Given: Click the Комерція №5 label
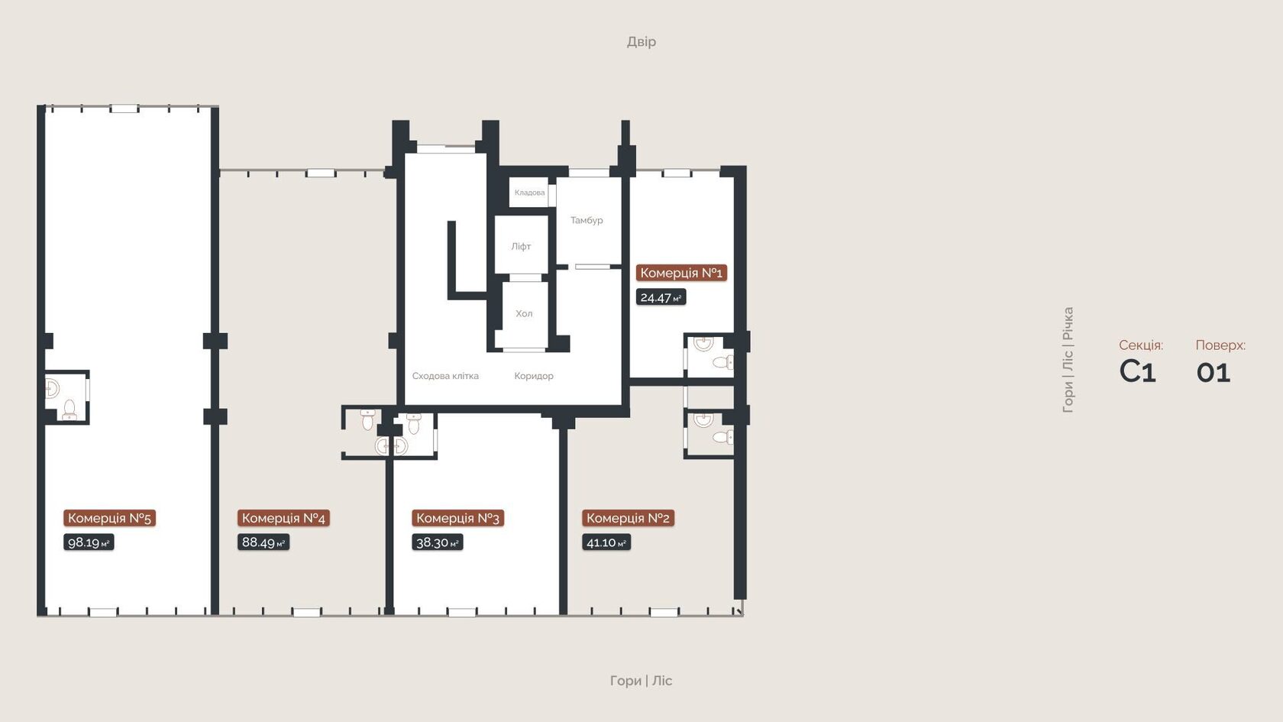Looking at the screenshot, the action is [x=109, y=518].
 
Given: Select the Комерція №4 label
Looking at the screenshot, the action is [x=283, y=518].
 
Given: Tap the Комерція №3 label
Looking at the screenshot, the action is [x=457, y=518].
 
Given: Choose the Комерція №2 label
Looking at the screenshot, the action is [x=629, y=518].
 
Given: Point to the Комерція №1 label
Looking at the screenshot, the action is [x=681, y=273].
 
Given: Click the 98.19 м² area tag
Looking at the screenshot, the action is [x=89, y=542].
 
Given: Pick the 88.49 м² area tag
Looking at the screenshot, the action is [x=263, y=542].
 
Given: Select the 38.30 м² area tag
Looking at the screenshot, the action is [x=437, y=542].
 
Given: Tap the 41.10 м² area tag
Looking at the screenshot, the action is [x=606, y=542].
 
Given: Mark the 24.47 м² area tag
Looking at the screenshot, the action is [x=661, y=297].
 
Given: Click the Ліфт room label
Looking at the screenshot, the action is [x=521, y=246].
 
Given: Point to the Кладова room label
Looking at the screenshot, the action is [x=529, y=193].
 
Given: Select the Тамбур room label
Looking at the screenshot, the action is [x=587, y=220].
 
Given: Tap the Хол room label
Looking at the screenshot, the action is [x=524, y=313].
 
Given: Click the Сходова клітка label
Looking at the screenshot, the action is [x=446, y=376].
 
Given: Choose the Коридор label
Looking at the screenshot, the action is [x=534, y=376].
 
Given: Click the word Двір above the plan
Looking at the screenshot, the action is [x=641, y=42].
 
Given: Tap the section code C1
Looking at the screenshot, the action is [x=1138, y=371].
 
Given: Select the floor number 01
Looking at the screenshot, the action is [x=1213, y=373].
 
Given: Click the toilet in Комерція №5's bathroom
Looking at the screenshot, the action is [x=69, y=410].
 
